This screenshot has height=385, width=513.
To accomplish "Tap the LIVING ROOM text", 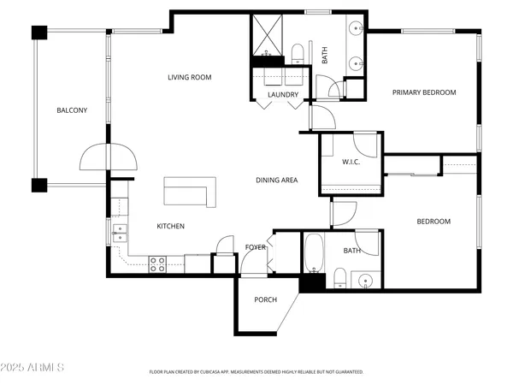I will click(x=188, y=78).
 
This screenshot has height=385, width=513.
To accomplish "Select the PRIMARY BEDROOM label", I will click(x=424, y=92).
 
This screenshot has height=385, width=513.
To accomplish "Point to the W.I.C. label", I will click(x=350, y=162).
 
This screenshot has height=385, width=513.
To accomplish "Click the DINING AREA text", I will click(x=276, y=181).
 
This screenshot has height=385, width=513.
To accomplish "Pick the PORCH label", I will click(x=265, y=299).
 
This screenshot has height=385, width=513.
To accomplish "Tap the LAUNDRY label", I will click(x=282, y=95).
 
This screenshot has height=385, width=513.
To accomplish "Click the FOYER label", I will click(x=256, y=247).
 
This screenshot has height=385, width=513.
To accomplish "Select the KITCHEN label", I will click(x=170, y=226).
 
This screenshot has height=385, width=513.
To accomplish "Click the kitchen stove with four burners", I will click(x=157, y=264).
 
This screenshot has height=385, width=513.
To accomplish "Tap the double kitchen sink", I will click(x=119, y=230).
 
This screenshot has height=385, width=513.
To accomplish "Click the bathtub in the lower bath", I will click(x=313, y=252).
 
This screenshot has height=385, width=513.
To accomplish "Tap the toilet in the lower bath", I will click(x=339, y=276).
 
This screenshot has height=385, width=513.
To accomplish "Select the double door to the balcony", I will click(x=109, y=157).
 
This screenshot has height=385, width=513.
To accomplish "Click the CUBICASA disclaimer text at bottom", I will click(x=256, y=372).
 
